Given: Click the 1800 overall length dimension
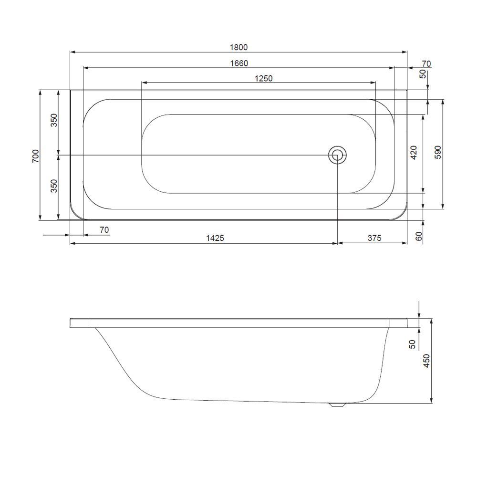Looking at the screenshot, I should pos(238,47).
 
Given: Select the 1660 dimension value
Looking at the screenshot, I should pos(238,63).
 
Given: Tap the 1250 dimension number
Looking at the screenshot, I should pos(263,78).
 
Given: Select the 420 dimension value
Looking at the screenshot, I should pos(414,153).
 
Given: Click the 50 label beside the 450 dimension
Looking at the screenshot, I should pos(413,344).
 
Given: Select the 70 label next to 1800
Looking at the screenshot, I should pos(426,63).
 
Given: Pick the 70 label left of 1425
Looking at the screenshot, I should pos(104,230).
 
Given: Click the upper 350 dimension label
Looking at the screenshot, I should pos(54,121).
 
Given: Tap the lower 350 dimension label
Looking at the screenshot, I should pos(54,186).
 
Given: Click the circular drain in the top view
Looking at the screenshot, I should pos(337,155).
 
